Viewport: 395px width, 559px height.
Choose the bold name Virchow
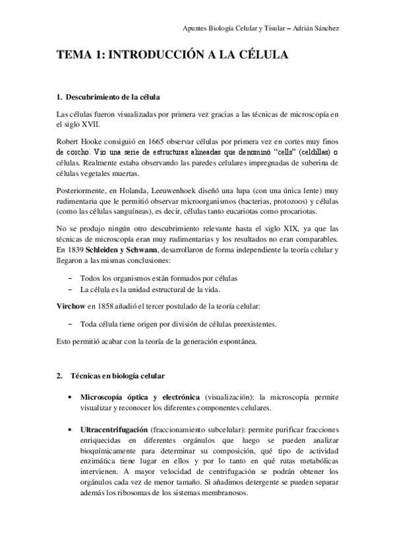[x=70, y=307]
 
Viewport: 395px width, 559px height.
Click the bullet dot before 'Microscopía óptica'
[x=70, y=398]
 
